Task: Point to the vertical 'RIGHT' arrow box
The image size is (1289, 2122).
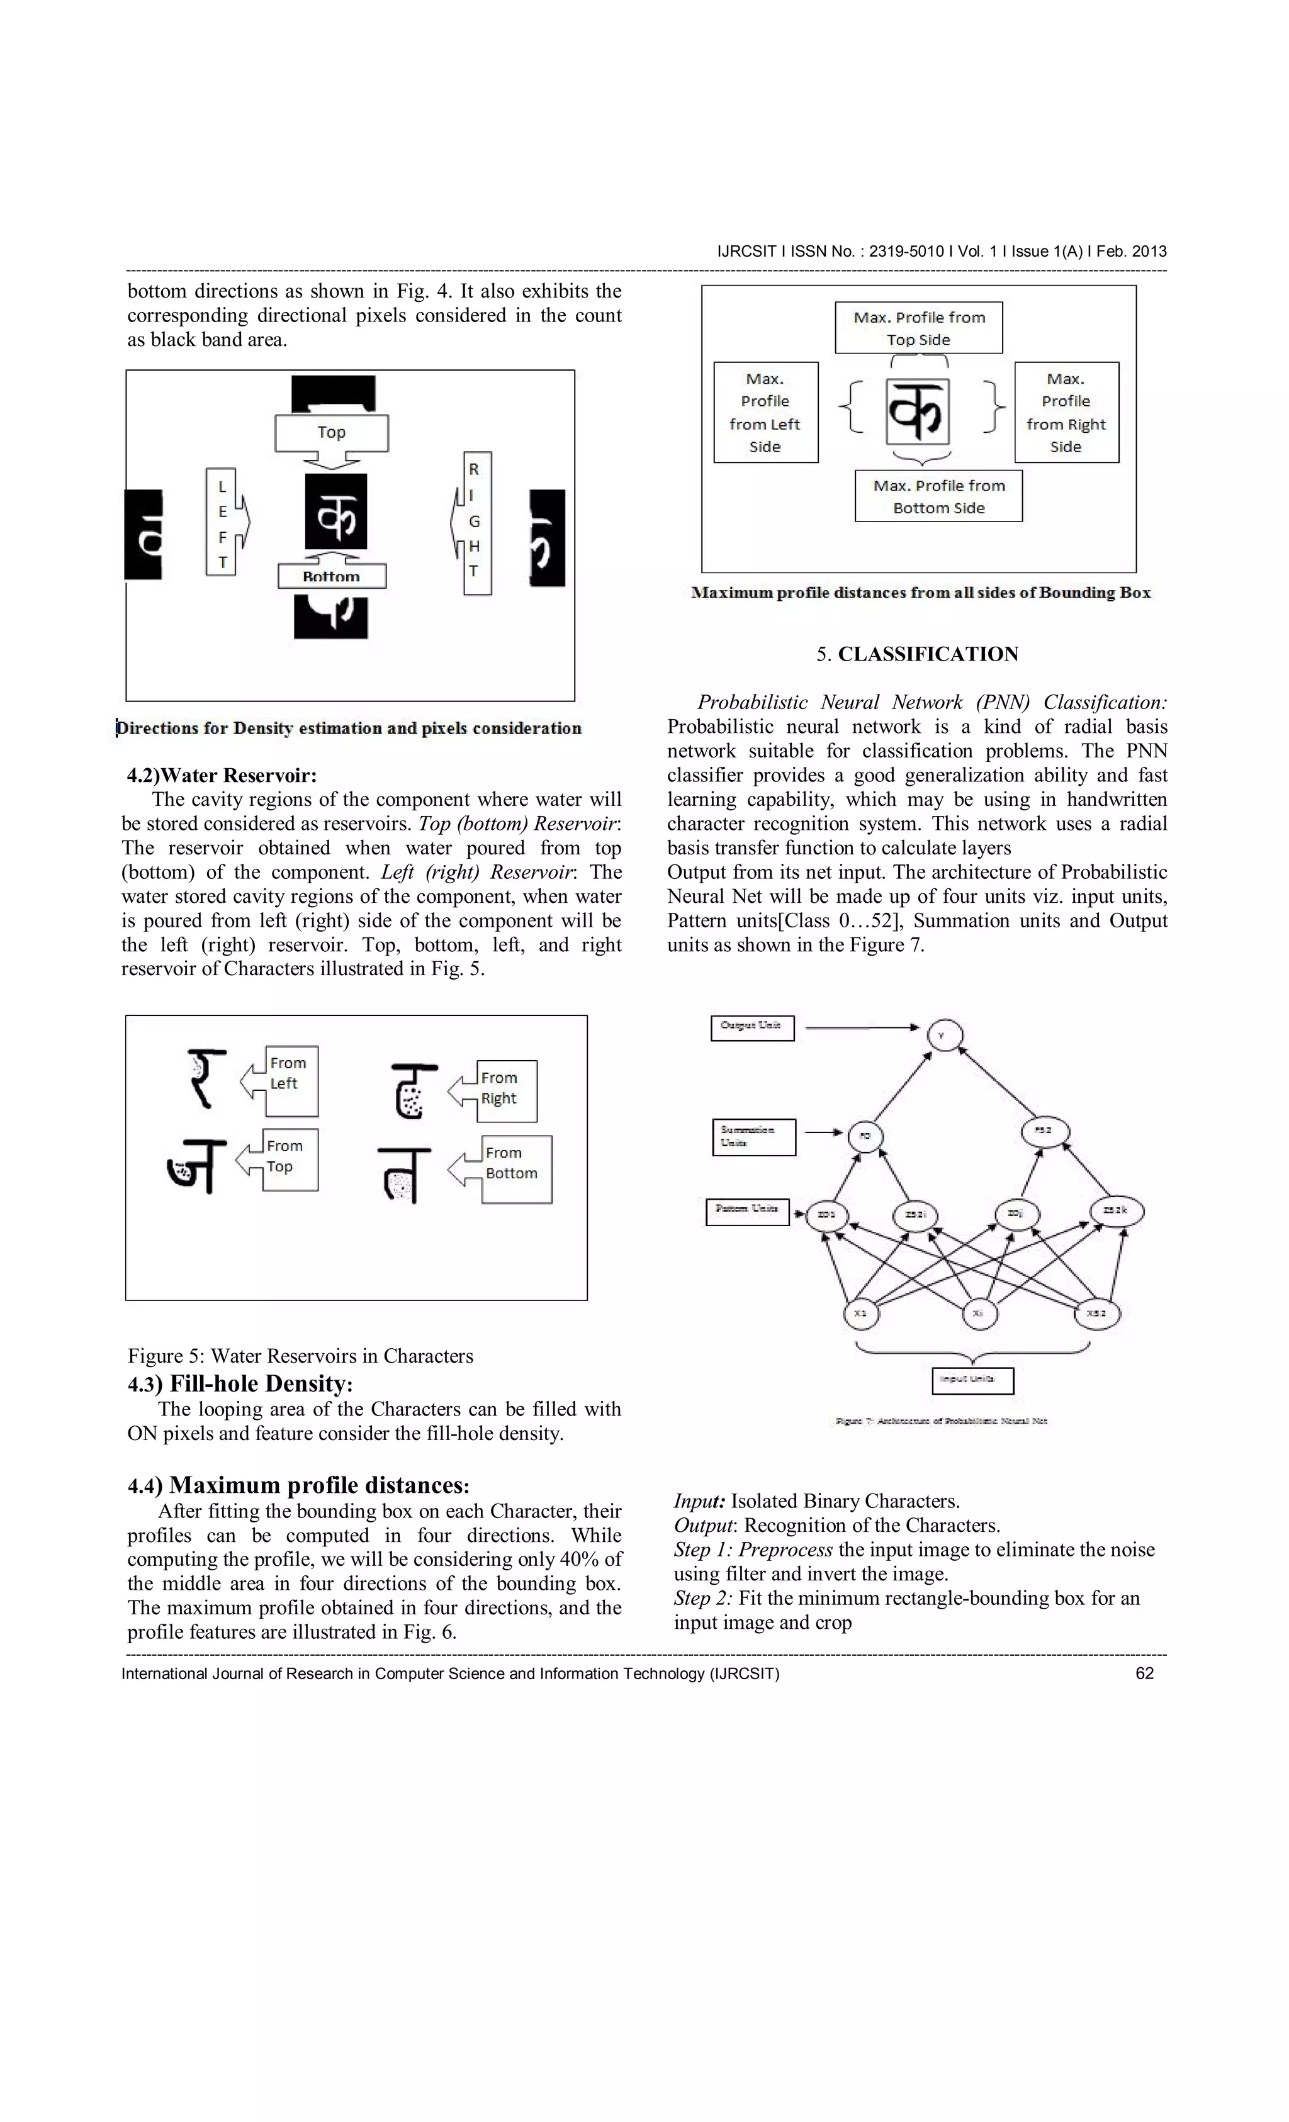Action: (x=476, y=522)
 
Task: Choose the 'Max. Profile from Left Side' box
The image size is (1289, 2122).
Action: (x=765, y=413)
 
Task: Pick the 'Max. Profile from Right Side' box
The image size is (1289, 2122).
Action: (x=1066, y=413)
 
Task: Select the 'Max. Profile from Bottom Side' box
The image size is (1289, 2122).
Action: (x=938, y=496)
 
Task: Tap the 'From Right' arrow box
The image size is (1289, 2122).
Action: (x=502, y=1090)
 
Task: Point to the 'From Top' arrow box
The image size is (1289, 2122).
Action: (x=287, y=1159)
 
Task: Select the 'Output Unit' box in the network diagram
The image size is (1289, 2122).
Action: (x=751, y=1027)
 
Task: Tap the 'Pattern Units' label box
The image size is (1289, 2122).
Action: (x=747, y=1212)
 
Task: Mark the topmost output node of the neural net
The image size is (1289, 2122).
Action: (x=944, y=1034)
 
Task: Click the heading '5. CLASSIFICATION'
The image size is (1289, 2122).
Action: (x=917, y=654)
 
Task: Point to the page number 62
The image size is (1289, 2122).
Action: (x=1144, y=1673)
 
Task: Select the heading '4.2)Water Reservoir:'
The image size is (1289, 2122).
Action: (x=222, y=775)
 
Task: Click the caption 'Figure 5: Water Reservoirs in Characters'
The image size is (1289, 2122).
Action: (x=301, y=1356)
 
